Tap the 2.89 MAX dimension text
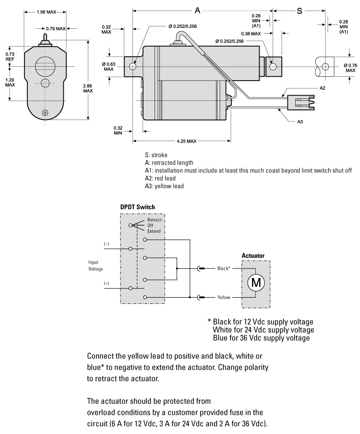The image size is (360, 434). coord(88,87)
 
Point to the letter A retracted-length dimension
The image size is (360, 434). coord(197,9)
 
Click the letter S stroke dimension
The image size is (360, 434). coord(300,10)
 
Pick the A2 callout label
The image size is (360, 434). coord(323,89)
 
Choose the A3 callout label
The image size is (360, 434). coord(300,122)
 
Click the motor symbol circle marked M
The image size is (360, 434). coord(256,282)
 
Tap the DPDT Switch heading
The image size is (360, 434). coord(137,207)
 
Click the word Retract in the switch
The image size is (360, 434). coord(155,220)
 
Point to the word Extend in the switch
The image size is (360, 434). coord(154,231)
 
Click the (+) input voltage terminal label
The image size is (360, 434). coord(107,284)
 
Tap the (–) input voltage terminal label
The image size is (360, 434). coord(107,244)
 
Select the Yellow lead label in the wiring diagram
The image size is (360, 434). coord(224,298)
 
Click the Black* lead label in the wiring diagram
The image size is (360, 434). coord(225,268)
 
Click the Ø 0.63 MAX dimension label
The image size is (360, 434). coord(109,66)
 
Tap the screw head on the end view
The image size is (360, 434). coord(45,113)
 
